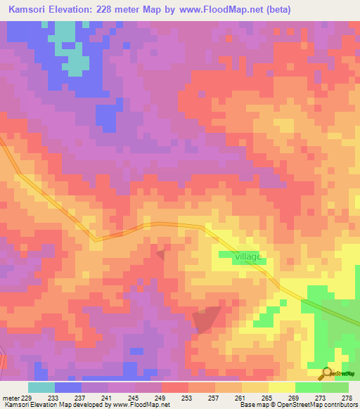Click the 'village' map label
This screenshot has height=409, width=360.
click(x=248, y=257)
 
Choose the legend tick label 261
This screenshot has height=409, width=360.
click(x=242, y=397)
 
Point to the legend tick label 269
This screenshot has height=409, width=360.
click(x=295, y=397)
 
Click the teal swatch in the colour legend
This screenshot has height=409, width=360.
click(x=41, y=387)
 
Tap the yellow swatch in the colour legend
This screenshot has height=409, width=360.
click(x=282, y=387)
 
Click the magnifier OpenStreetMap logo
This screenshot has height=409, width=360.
click(x=327, y=373)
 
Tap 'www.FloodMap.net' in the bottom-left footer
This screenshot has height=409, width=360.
click(x=136, y=405)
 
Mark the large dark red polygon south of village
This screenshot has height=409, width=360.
click(x=205, y=320)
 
